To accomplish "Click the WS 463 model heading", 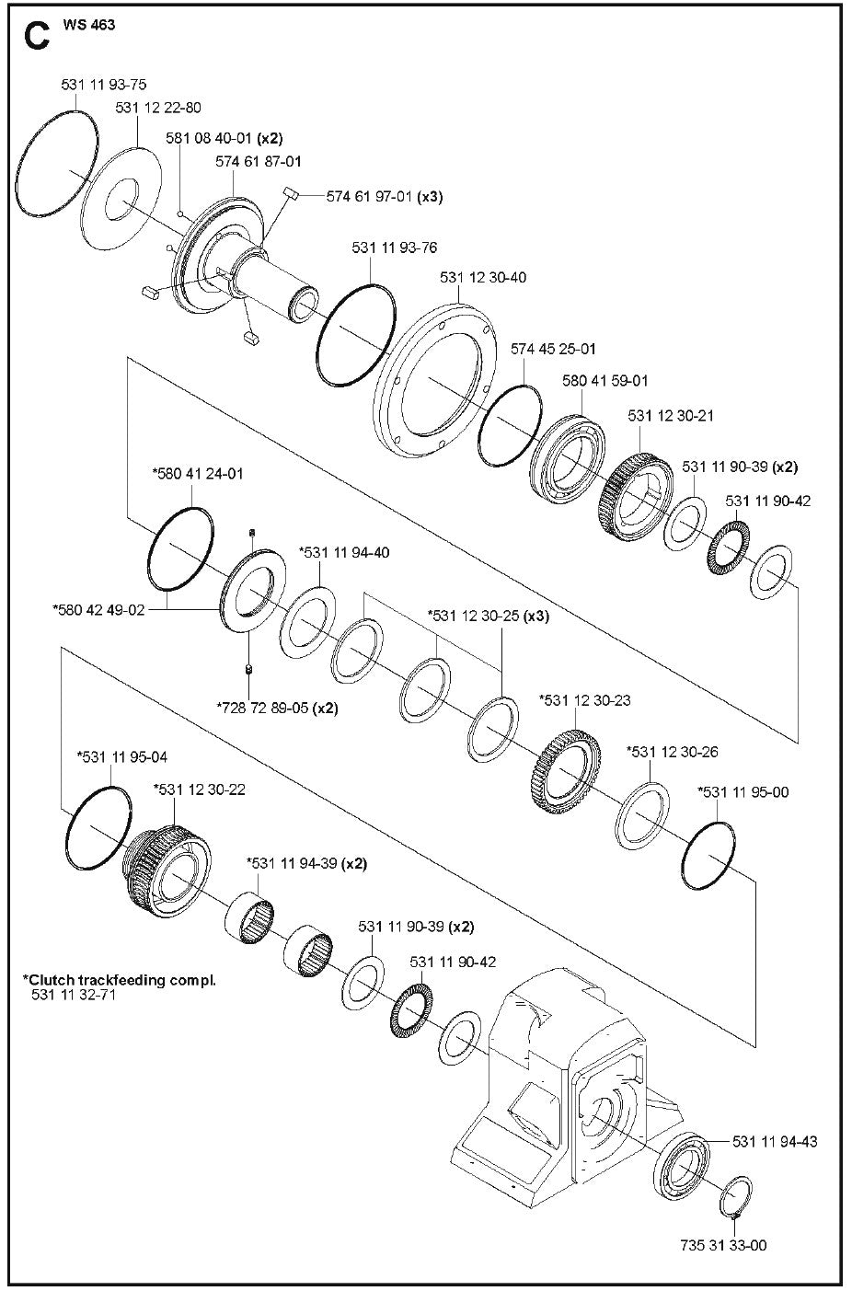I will (89, 25).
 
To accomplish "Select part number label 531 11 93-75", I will (104, 85).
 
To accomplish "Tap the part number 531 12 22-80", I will (158, 108).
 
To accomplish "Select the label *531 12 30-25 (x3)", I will (488, 616).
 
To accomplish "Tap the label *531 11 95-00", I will (743, 791).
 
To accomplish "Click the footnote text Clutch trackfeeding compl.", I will (120, 980).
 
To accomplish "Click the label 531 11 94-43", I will (775, 1142).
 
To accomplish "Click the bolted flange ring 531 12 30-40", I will (432, 377).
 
